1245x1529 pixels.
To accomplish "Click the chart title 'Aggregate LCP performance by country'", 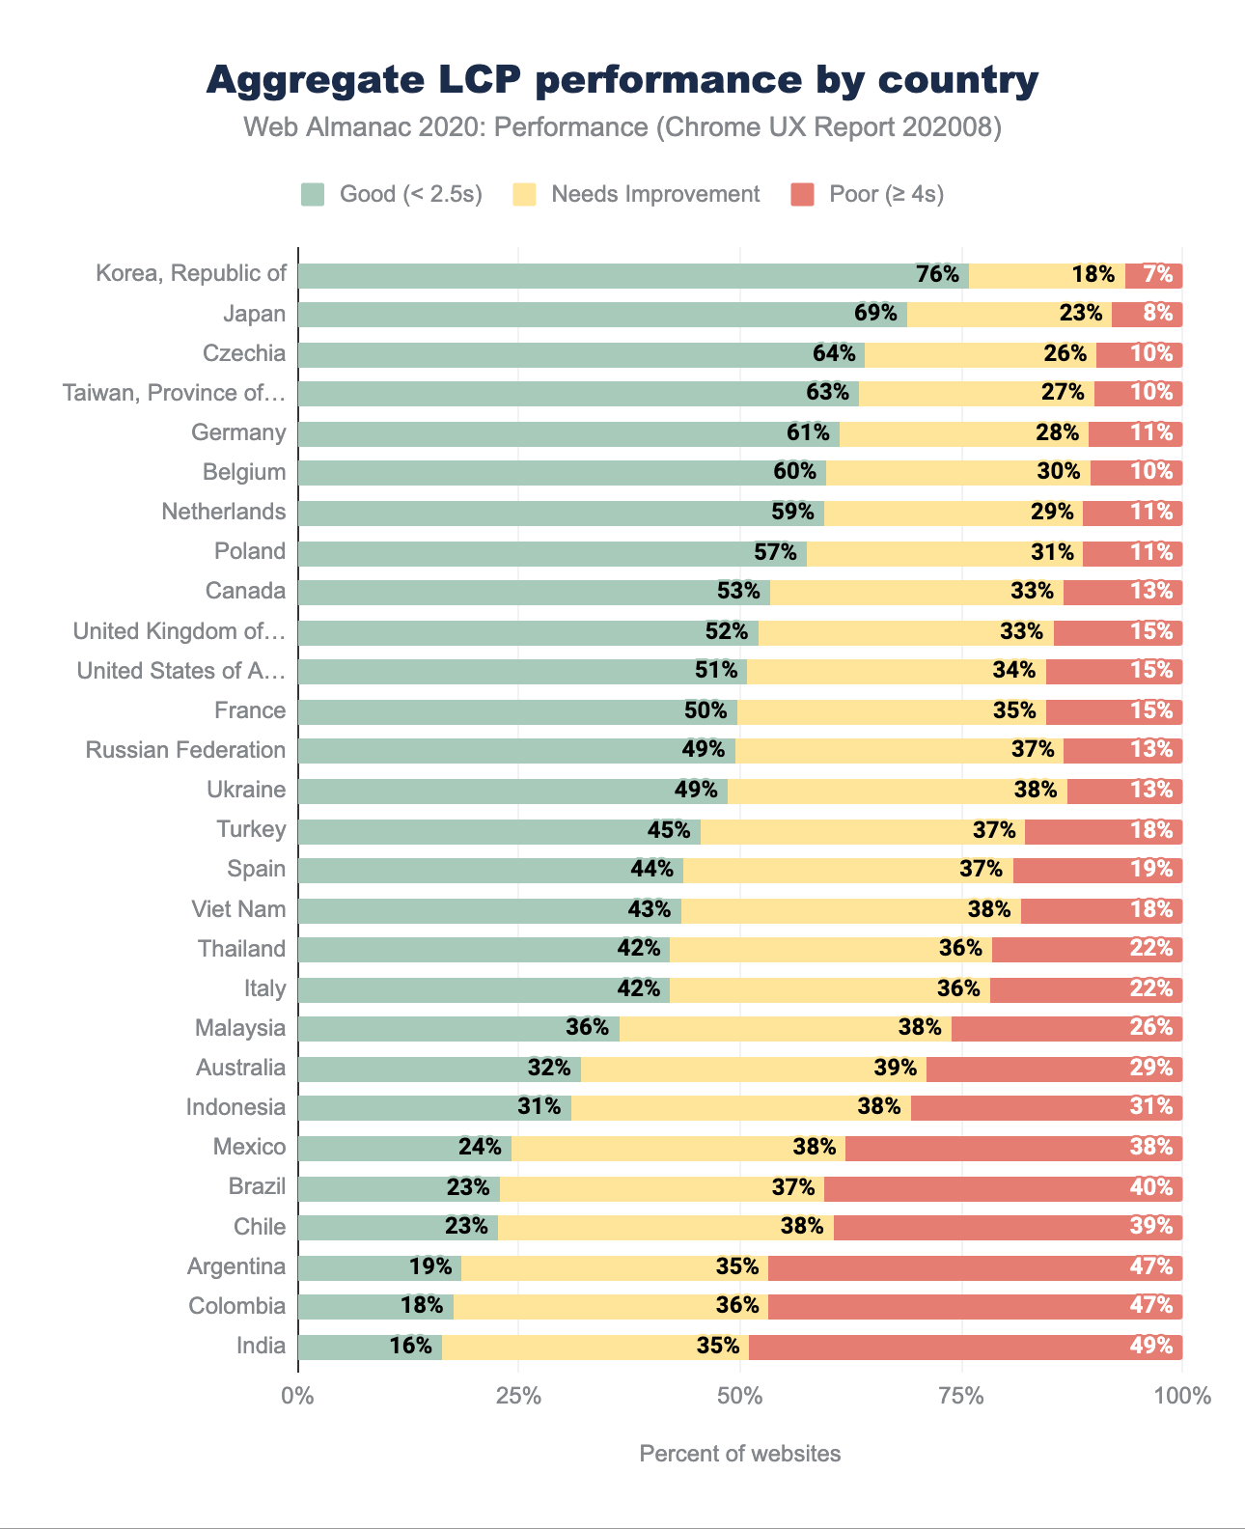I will (622, 80).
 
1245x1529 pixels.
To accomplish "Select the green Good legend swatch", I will (313, 194).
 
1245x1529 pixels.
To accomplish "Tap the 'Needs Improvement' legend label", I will (655, 194).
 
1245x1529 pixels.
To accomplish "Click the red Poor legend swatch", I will (802, 194).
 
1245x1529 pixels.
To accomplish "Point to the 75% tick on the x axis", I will (961, 1396).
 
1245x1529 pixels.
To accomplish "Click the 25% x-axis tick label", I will (518, 1396).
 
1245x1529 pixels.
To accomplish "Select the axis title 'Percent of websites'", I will (739, 1454).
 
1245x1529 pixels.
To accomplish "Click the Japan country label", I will (254, 314).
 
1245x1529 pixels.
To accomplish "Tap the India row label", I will (261, 1347).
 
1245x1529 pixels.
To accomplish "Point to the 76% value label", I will (937, 275).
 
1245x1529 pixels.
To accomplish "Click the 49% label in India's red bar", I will (1151, 1347).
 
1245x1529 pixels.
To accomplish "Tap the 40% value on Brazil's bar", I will (1151, 1187).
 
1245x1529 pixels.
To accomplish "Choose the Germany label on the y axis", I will (238, 432).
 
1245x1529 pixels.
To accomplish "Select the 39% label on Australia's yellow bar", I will (895, 1069).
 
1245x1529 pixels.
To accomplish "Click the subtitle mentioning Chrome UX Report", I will (622, 127).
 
